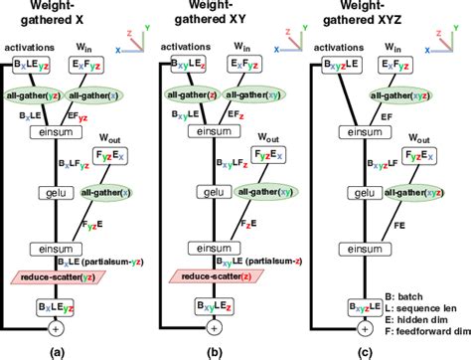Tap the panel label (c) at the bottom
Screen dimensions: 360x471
[374, 348]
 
